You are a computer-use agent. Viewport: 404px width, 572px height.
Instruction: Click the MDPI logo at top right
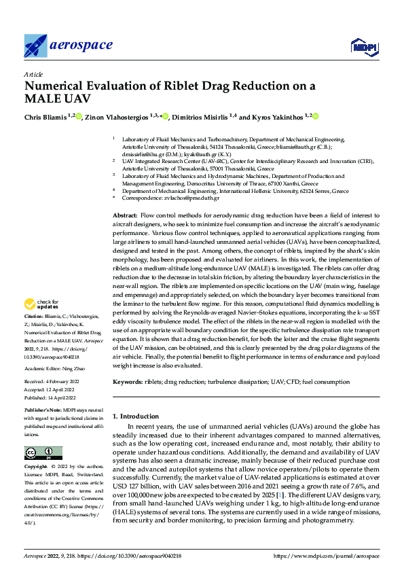pos(362,46)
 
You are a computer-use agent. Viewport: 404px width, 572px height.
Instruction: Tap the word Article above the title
pos(33,74)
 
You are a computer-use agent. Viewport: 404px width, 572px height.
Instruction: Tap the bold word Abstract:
pos(126,214)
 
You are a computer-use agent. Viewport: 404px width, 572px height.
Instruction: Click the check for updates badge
pos(43,304)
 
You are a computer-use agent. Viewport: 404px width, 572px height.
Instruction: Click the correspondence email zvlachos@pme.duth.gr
pos(189,198)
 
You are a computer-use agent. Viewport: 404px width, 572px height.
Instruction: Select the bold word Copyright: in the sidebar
pos(37,467)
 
